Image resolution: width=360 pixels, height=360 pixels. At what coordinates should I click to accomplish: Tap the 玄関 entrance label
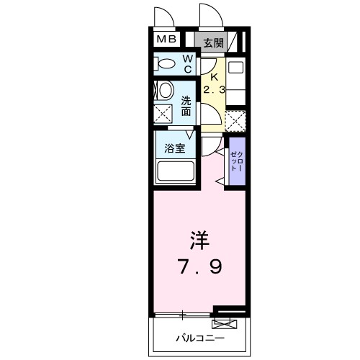point(212,42)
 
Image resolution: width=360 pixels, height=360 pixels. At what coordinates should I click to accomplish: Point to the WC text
point(186,64)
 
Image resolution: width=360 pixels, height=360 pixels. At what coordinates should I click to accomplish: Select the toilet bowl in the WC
point(165,65)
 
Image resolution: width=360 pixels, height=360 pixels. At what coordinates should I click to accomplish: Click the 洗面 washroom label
point(186,107)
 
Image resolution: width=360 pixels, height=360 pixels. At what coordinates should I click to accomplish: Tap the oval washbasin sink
point(165,90)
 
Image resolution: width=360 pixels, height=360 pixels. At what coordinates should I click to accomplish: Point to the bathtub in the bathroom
point(175,172)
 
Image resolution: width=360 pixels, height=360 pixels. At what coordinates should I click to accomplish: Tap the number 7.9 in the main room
point(199,267)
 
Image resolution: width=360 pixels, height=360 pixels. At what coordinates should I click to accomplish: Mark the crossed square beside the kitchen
point(235,120)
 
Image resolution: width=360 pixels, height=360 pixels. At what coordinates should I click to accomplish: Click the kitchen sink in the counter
point(235,70)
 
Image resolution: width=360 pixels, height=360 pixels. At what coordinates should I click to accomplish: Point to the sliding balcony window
point(183,314)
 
